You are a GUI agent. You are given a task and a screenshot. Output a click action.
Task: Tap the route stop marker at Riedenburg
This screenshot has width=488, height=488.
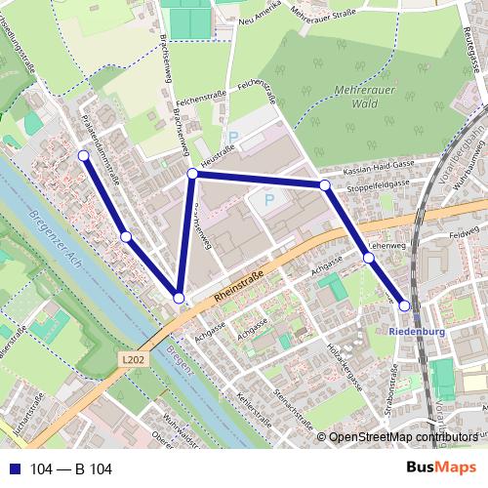pyautogui.click(x=404, y=306)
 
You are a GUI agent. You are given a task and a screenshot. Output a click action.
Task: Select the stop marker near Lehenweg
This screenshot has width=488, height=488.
pyautogui.click(x=368, y=258)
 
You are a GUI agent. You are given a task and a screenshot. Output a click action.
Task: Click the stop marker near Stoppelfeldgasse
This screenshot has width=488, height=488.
pyautogui.click(x=324, y=184)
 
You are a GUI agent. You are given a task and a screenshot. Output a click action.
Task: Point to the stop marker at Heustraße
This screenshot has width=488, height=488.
pyautogui.click(x=192, y=174)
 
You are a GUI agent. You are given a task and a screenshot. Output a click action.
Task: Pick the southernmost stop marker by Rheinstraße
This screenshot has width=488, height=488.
pyautogui.click(x=179, y=298)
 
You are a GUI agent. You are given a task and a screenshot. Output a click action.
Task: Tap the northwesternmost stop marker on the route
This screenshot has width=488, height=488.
pyautogui.click(x=83, y=155)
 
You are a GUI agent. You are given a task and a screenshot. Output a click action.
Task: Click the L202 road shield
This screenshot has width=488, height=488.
pyautogui.click(x=135, y=359)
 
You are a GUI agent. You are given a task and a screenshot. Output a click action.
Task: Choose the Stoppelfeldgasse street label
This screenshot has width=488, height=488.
pyautogui.click(x=378, y=183)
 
